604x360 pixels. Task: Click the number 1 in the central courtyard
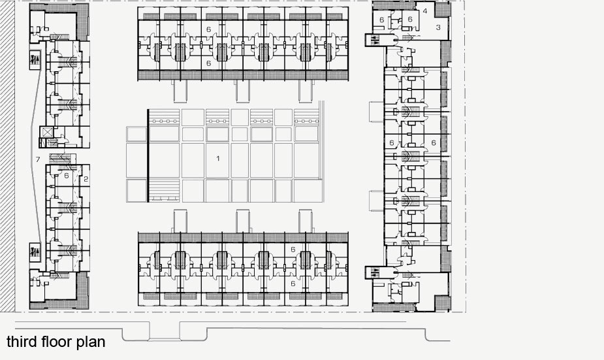click(218, 158)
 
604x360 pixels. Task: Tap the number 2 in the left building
click(86, 179)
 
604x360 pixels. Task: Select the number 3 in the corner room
click(438, 27)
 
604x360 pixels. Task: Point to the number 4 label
click(425, 11)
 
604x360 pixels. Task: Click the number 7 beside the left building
click(38, 159)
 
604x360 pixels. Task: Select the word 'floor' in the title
click(57, 342)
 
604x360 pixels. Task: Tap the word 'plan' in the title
click(91, 342)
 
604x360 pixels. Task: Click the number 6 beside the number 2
click(66, 176)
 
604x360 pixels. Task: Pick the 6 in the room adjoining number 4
click(410, 19)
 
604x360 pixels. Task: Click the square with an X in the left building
click(47, 132)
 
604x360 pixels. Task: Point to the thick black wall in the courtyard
click(148, 155)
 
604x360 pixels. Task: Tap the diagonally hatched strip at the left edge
click(7, 155)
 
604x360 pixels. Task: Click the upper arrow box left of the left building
click(35, 59)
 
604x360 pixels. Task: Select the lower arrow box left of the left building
click(35, 252)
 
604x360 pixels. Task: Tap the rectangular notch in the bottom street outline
click(165, 331)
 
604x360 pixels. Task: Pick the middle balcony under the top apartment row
click(243, 91)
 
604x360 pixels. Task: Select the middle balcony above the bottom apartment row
click(243, 221)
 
